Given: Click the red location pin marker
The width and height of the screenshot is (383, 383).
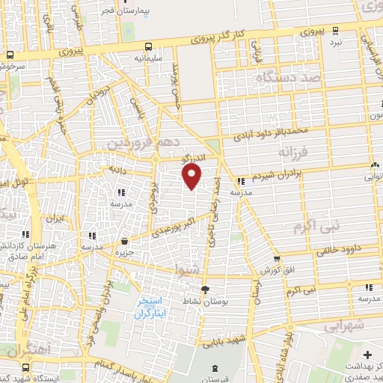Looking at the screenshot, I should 192,177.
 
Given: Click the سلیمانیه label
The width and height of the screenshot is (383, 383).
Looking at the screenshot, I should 149,57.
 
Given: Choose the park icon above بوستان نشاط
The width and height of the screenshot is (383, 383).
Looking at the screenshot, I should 207,289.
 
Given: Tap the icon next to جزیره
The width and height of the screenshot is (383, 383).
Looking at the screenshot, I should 124,241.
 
